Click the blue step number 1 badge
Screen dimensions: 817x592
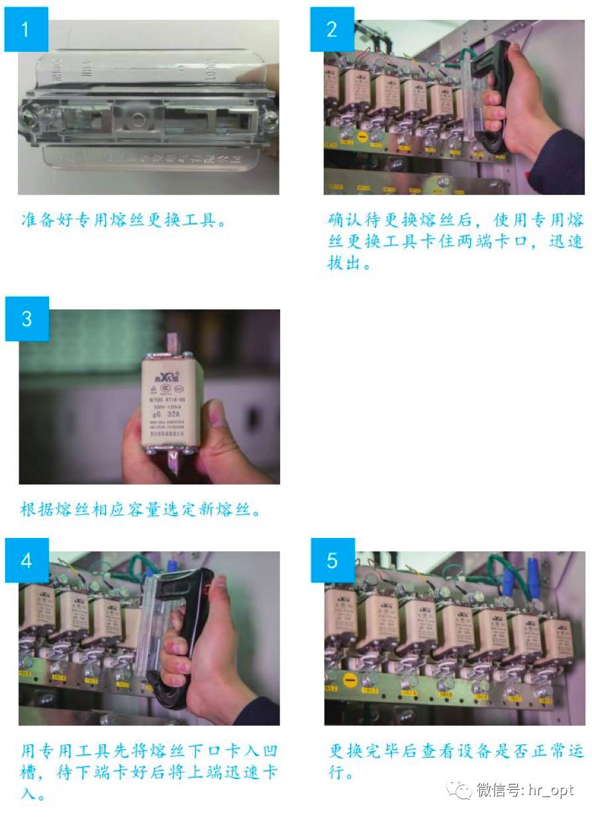(x=26, y=29)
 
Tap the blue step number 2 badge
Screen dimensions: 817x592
(x=332, y=29)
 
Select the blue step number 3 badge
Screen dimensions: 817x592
(x=26, y=319)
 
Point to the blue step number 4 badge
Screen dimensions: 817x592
(x=26, y=561)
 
